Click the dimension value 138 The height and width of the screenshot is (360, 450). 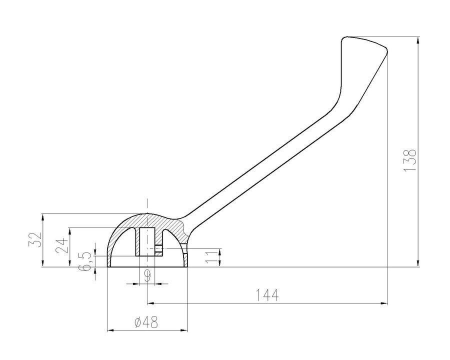point(409,160)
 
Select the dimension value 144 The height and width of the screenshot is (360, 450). point(266,295)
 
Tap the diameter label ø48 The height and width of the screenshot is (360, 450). point(146,322)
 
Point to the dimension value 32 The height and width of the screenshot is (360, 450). point(35,239)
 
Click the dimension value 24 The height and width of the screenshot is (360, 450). point(62,245)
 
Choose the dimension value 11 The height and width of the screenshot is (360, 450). point(212,256)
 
